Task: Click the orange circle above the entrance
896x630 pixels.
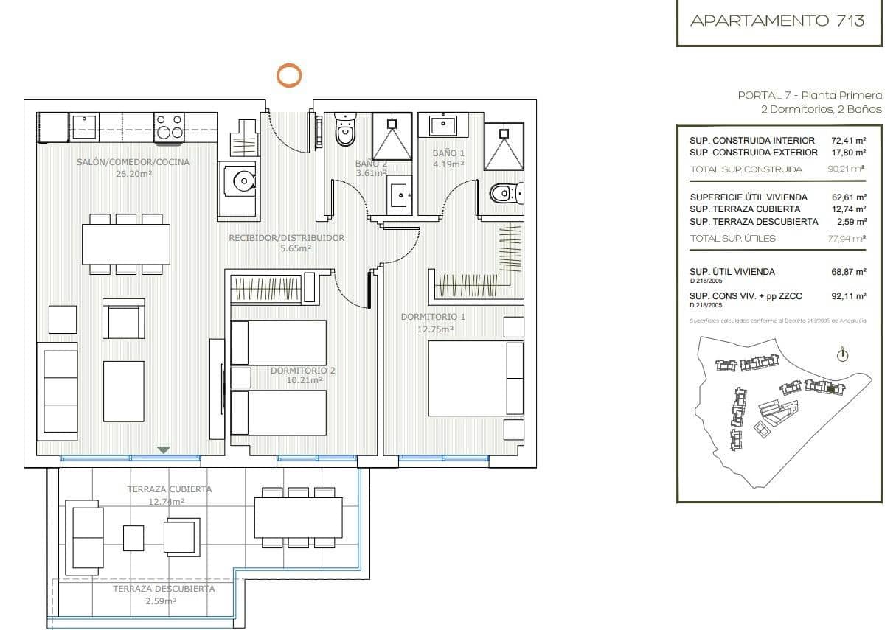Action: (x=288, y=74)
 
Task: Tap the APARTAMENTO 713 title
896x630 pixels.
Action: (x=777, y=21)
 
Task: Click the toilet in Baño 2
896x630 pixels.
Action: (x=344, y=131)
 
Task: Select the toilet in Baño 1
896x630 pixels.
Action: (x=504, y=194)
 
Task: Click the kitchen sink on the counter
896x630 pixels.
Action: (x=83, y=127)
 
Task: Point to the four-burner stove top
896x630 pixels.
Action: (x=169, y=127)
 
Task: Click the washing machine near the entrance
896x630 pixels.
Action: (x=238, y=182)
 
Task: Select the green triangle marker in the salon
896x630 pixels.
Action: (x=164, y=449)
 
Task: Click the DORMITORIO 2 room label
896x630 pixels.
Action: (x=302, y=371)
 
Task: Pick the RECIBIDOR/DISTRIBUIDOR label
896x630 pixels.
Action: (x=286, y=238)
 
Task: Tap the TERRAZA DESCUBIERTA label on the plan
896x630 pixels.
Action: (x=164, y=589)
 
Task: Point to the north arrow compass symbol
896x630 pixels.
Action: (x=842, y=355)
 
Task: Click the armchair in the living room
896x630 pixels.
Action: (x=123, y=318)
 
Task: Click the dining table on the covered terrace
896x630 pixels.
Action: (x=298, y=518)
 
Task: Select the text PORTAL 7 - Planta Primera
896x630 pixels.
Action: (x=809, y=95)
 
